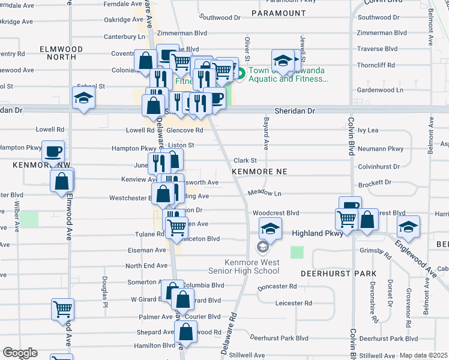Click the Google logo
20,353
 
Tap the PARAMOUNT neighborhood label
279,13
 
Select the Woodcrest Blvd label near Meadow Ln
276,213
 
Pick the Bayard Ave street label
265,133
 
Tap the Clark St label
245,160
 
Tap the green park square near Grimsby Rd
297,252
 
